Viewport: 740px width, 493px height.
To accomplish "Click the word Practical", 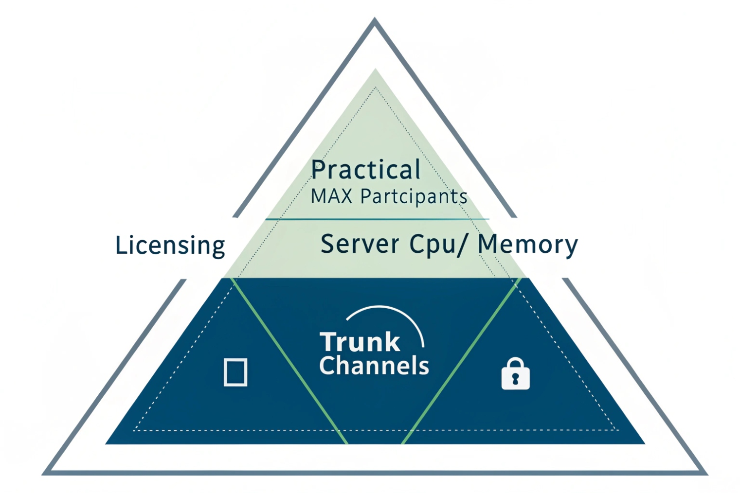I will point(366,170).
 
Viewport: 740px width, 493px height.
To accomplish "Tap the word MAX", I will point(331,197).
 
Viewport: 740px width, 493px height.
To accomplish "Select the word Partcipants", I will point(414,197).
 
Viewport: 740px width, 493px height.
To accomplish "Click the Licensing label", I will point(170,245).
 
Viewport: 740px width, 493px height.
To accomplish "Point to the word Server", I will point(360,244).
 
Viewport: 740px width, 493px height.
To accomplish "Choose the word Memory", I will point(527,245).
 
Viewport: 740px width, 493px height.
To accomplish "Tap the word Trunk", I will point(360,342).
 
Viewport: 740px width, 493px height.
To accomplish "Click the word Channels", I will point(374,366).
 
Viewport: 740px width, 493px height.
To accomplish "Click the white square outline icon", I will point(235,372).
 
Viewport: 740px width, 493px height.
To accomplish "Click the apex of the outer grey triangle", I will point(375,20).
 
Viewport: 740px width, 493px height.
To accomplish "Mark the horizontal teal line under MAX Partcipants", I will point(377,219).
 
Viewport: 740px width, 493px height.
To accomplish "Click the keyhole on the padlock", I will point(515,379).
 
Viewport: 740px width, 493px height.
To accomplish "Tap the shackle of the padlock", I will point(515,363).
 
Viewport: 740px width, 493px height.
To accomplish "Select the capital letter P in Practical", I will point(319,170).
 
